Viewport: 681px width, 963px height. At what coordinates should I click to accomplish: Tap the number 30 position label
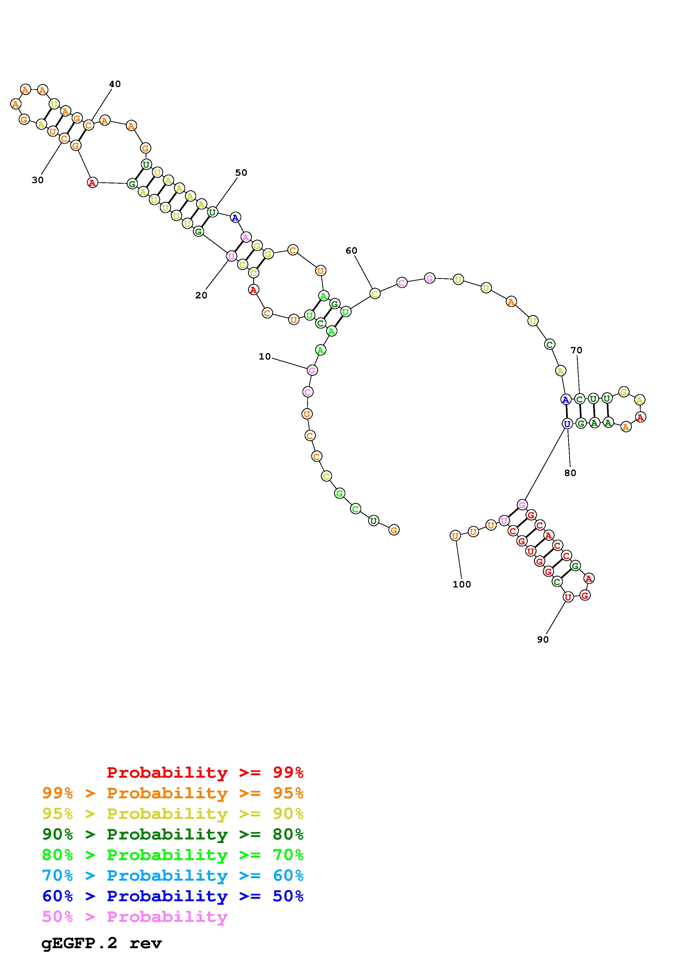click(x=37, y=180)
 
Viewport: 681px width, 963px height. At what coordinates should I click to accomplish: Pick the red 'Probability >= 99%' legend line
click(x=205, y=772)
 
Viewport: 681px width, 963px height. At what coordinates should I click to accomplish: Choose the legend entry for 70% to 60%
click(x=173, y=875)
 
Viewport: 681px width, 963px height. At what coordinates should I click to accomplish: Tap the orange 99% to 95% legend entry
click(x=173, y=793)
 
